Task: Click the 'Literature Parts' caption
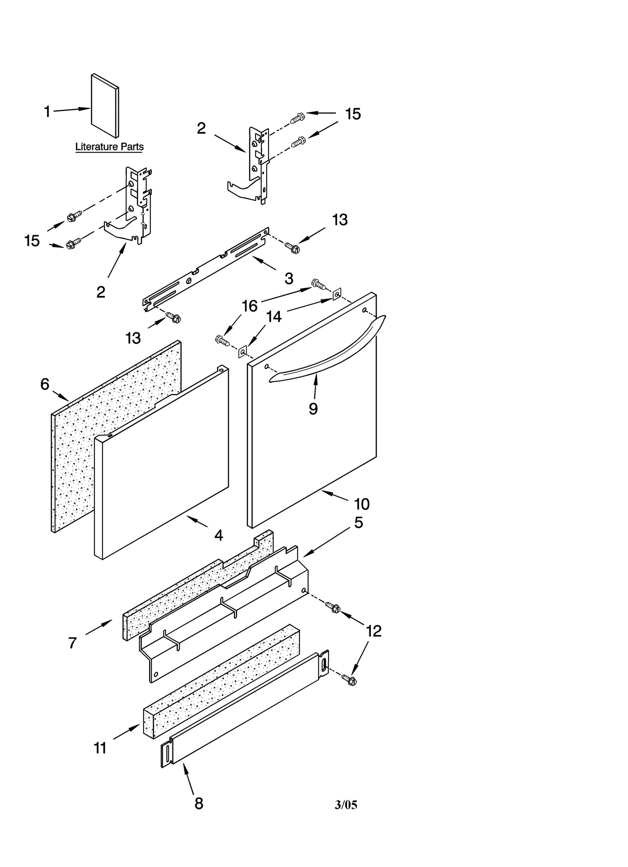click(109, 147)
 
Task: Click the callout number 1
click(47, 112)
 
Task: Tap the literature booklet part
click(105, 106)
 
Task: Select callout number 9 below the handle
click(313, 409)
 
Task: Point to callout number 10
click(361, 504)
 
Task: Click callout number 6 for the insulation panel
click(45, 384)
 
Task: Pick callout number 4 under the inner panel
click(219, 535)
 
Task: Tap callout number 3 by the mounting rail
click(289, 279)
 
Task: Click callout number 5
click(358, 522)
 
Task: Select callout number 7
click(72, 643)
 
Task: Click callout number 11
click(100, 748)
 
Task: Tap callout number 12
click(373, 631)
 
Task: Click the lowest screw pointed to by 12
click(349, 680)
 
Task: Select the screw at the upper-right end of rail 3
click(292, 247)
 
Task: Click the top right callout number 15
click(353, 114)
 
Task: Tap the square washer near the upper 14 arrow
click(337, 294)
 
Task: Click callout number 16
click(250, 306)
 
